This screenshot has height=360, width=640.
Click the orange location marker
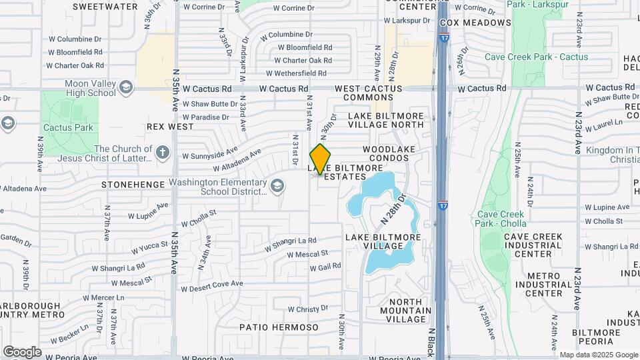pyautogui.click(x=321, y=159)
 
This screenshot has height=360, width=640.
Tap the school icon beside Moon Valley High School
pyautogui.click(x=125, y=87)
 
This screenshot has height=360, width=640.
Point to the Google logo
pyautogui.click(x=22, y=352)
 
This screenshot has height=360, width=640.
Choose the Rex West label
pyautogui.click(x=170, y=126)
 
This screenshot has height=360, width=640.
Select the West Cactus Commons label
pyautogui.click(x=369, y=93)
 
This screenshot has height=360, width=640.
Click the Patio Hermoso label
pyautogui.click(x=279, y=327)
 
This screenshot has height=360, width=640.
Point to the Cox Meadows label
pyautogui.click(x=475, y=23)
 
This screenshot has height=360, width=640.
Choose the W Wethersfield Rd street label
pyautogui.click(x=296, y=73)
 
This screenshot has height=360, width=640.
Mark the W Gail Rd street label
pyautogui.click(x=325, y=267)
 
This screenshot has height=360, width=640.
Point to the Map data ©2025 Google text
pyautogui.click(x=598, y=355)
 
